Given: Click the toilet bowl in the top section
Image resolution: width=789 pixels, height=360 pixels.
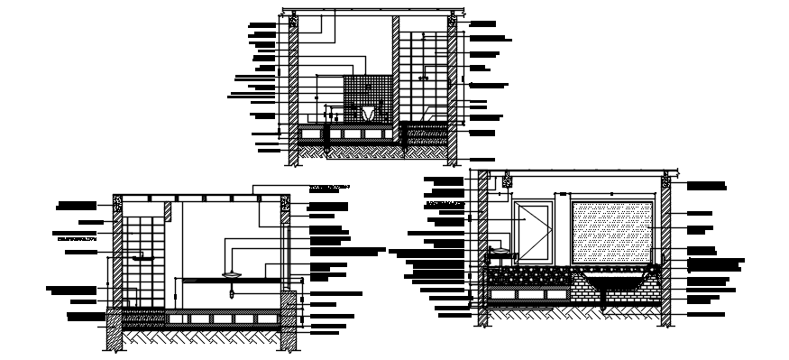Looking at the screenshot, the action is (x=368, y=113).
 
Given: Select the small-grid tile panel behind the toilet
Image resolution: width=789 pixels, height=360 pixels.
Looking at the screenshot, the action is (x=366, y=90).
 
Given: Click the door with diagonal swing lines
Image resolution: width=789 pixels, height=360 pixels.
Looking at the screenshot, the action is (x=533, y=230).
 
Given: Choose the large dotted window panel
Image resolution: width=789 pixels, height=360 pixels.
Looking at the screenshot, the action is (x=612, y=232).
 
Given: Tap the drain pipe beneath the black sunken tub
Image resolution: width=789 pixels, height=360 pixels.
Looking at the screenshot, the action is (x=602, y=302).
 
